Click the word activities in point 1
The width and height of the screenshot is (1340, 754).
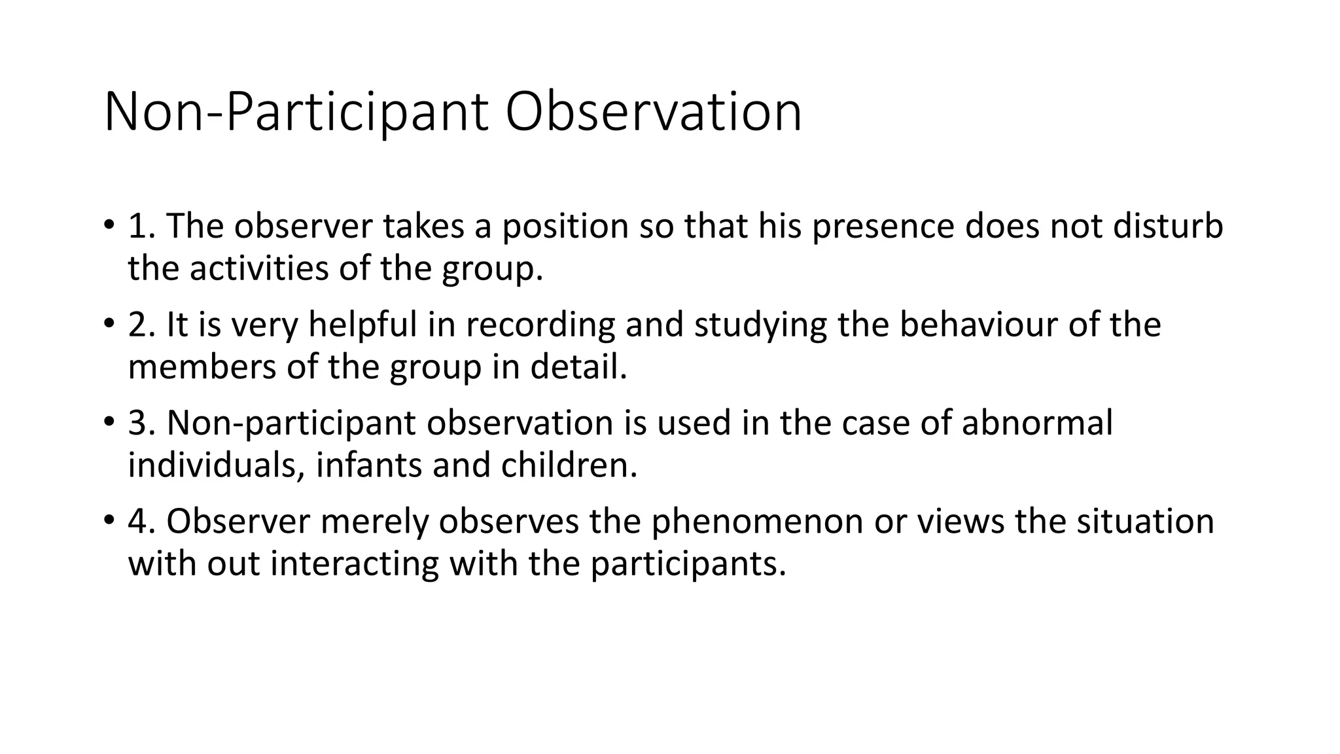(259, 269)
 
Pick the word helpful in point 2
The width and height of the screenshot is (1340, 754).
(362, 325)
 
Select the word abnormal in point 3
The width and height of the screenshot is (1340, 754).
(1037, 423)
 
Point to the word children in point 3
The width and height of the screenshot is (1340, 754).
(568, 465)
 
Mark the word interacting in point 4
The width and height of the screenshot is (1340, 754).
(354, 564)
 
